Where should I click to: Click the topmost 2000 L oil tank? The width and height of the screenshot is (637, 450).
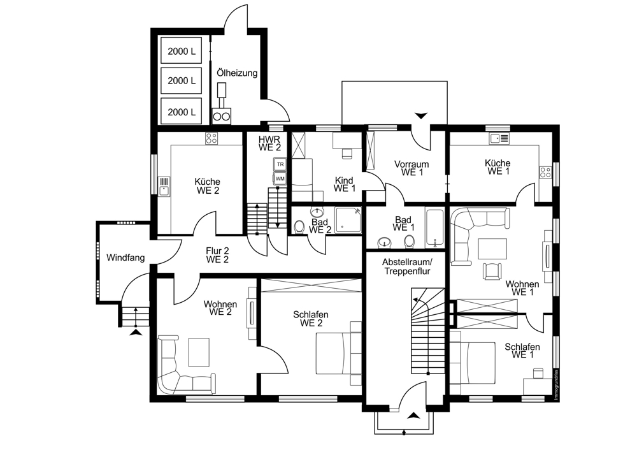pyautogui.click(x=182, y=50)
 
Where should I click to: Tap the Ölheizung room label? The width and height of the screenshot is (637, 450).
pyautogui.click(x=237, y=73)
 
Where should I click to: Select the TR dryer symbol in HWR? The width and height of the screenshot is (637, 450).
pyautogui.click(x=280, y=164)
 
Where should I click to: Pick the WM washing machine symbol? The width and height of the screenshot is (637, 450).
pyautogui.click(x=280, y=178)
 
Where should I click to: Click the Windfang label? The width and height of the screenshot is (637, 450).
pyautogui.click(x=125, y=258)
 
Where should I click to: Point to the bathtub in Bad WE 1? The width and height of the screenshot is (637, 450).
pyautogui.click(x=434, y=228)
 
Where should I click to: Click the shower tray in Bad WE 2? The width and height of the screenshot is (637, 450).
pyautogui.click(x=348, y=220)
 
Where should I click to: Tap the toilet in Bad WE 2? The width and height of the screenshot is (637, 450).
pyautogui.click(x=299, y=228)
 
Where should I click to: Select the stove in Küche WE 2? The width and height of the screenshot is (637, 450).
pyautogui.click(x=211, y=138)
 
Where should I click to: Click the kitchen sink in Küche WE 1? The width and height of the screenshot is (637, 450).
pyautogui.click(x=499, y=138)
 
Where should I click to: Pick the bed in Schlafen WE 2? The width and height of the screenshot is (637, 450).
pyautogui.click(x=339, y=353)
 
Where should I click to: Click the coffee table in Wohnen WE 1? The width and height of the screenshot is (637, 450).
pyautogui.click(x=492, y=249)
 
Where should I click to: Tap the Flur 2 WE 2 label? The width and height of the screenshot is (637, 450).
pyautogui.click(x=217, y=256)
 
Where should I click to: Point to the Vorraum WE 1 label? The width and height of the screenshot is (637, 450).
pyautogui.click(x=412, y=168)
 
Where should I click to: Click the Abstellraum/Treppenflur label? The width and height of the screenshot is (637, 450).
pyautogui.click(x=408, y=266)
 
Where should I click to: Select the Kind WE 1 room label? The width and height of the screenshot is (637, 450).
pyautogui.click(x=345, y=184)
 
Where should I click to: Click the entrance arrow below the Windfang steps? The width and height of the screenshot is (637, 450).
pyautogui.click(x=136, y=333)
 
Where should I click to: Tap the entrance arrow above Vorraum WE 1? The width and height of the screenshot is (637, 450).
pyautogui.click(x=421, y=115)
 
